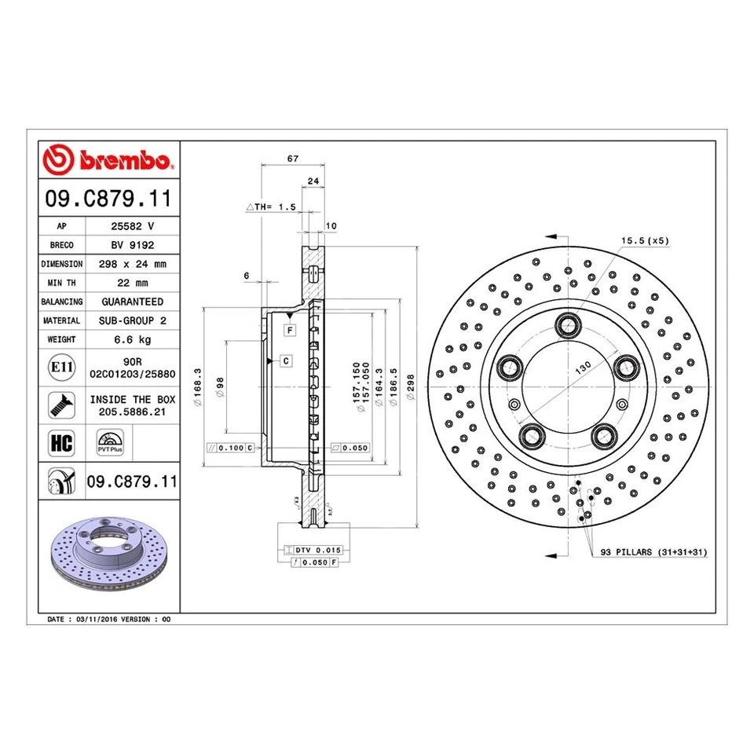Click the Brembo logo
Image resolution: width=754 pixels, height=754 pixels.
(109, 161)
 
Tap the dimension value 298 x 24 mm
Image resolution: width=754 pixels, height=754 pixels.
(132, 264)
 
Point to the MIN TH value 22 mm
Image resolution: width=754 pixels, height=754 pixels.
(132, 283)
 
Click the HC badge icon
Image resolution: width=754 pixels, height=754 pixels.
(61, 442)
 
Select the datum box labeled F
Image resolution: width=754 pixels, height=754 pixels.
(290, 331)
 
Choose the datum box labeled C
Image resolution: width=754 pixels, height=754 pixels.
(286, 361)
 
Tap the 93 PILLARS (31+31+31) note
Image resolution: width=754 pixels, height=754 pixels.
(653, 553)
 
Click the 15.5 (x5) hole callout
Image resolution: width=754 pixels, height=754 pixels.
(645, 241)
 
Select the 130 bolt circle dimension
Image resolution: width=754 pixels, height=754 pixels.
(582, 368)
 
